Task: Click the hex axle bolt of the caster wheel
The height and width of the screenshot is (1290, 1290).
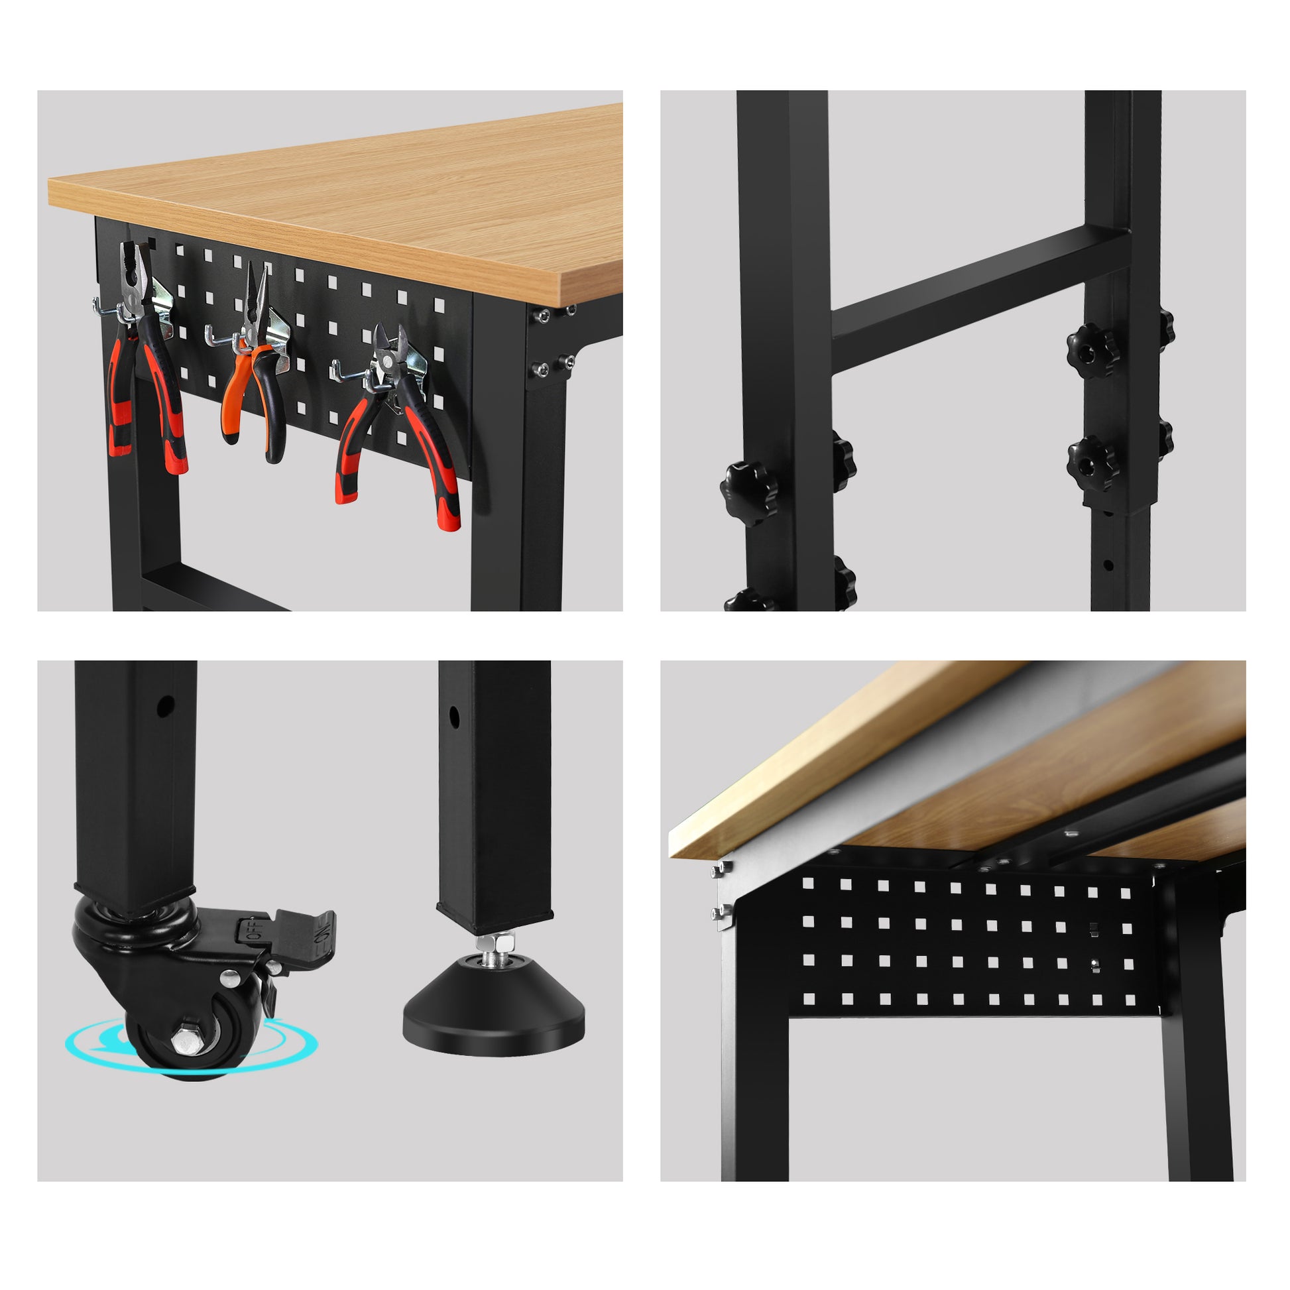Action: point(184,1041)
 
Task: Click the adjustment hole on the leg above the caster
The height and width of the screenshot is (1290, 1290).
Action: point(164,707)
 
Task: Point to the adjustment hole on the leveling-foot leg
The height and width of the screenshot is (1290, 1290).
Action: point(454,717)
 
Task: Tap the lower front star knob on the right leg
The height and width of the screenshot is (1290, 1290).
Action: point(1090,463)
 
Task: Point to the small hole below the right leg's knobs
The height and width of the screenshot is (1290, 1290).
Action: point(1108,565)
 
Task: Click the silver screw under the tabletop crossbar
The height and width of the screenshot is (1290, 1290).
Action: point(1071,833)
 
